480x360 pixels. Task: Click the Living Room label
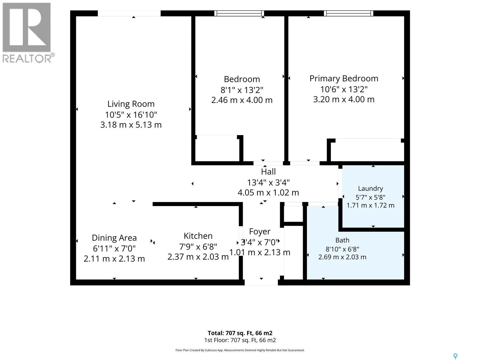pyautogui.click(x=131, y=104)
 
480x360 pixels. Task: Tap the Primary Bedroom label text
pyautogui.click(x=344, y=79)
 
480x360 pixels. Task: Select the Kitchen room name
pyautogui.click(x=198, y=236)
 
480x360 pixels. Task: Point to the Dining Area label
pyautogui.click(x=114, y=238)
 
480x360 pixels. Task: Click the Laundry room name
pyautogui.click(x=370, y=188)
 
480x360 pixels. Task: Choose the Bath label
pyautogui.click(x=342, y=240)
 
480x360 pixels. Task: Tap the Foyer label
pyautogui.click(x=260, y=232)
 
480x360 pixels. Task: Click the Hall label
pyautogui.click(x=268, y=172)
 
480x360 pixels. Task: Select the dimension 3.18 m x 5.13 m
pyautogui.click(x=131, y=125)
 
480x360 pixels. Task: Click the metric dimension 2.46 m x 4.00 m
pyautogui.click(x=242, y=100)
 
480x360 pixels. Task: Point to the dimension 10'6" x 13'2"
pyautogui.click(x=344, y=89)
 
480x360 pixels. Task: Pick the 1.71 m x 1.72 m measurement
pyautogui.click(x=370, y=205)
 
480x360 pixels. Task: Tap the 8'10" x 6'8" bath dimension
pyautogui.click(x=342, y=249)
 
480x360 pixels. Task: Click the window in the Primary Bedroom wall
pyautogui.click(x=348, y=13)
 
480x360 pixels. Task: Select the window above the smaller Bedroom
pyautogui.click(x=239, y=13)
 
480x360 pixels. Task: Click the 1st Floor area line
pyautogui.click(x=240, y=340)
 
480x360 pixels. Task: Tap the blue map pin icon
pyautogui.click(x=455, y=356)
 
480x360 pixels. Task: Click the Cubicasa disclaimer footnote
pyautogui.click(x=240, y=350)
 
